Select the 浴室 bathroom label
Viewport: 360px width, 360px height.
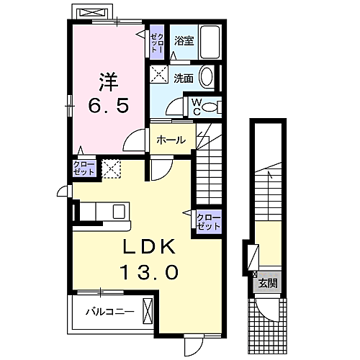click(184, 41)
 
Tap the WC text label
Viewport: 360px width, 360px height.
click(195, 107)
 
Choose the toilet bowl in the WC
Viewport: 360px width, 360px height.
click(210, 107)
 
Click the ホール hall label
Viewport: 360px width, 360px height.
click(171, 140)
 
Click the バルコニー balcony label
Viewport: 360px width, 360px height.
click(109, 312)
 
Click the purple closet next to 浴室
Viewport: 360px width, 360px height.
click(157, 41)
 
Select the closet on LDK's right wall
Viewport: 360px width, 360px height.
click(209, 221)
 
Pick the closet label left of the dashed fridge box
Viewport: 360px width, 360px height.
click(84, 169)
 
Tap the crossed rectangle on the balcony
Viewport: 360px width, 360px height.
click(148, 312)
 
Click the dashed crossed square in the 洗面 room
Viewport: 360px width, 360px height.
click(158, 73)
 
